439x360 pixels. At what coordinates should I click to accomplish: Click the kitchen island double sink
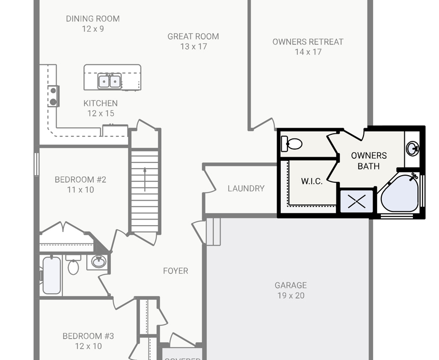tap(110, 81)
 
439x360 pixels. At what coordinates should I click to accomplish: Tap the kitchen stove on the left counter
tap(53, 96)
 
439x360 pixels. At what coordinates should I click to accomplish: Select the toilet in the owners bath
tap(292, 144)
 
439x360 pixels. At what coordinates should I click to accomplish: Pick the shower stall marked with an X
tap(357, 201)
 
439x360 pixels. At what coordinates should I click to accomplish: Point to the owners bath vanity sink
tap(412, 149)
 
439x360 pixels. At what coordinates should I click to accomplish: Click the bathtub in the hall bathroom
tap(52, 275)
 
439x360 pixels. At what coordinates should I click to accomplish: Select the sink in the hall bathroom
tap(98, 262)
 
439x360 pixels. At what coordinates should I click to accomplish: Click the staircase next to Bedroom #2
tap(144, 190)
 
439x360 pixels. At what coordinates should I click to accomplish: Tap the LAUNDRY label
tap(246, 188)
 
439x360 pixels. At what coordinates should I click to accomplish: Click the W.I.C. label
tap(311, 181)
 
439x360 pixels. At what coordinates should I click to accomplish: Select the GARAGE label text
tap(290, 285)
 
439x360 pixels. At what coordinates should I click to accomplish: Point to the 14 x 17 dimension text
tap(308, 52)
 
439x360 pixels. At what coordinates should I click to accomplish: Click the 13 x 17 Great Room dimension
tap(193, 46)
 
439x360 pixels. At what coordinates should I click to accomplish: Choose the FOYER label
tap(176, 271)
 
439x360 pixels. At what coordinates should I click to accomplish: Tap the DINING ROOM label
tap(93, 19)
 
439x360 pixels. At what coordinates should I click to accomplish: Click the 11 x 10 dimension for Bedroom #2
tap(81, 189)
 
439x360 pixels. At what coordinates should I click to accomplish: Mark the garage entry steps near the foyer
tap(213, 231)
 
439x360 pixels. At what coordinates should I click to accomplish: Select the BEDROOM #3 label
tap(88, 336)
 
